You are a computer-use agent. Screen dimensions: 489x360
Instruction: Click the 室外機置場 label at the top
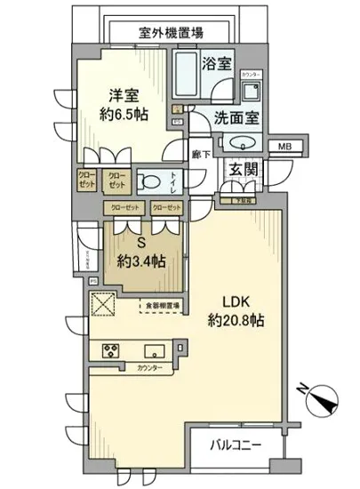click(x=172, y=33)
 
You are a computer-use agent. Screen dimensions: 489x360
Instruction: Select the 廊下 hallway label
click(x=198, y=152)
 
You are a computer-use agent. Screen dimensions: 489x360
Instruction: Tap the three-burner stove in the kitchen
click(x=113, y=348)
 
